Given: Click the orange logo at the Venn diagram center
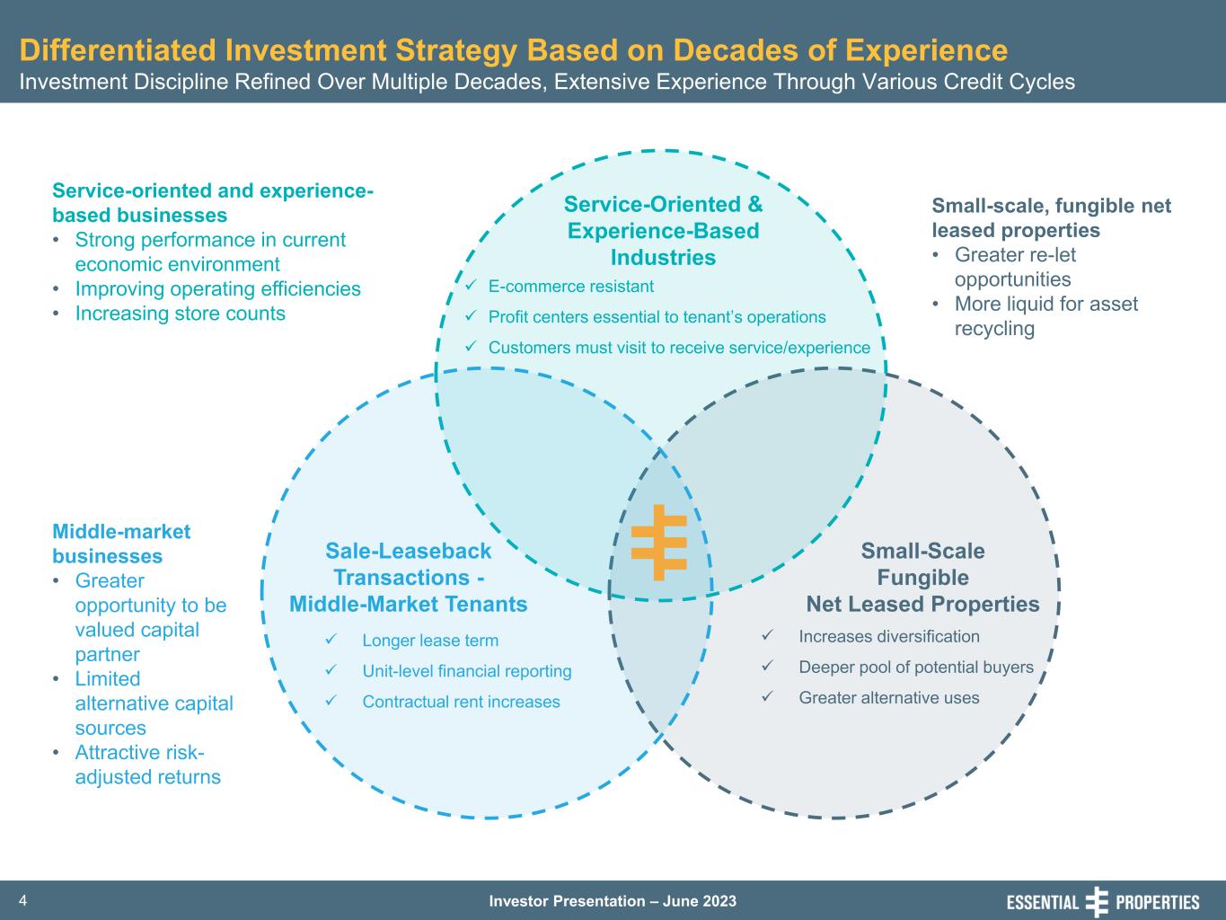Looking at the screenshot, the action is click(x=659, y=543).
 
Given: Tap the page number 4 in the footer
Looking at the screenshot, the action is click(x=22, y=900).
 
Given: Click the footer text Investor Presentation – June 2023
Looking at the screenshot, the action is click(x=613, y=901).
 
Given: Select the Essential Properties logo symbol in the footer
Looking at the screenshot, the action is click(x=1097, y=901).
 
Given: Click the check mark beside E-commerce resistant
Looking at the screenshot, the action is click(x=471, y=285).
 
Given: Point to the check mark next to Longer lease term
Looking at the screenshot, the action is click(x=331, y=639).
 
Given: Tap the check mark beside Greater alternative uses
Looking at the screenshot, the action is click(x=767, y=696).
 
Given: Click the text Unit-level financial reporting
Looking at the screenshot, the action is click(x=467, y=671).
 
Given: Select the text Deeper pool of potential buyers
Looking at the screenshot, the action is click(x=916, y=667).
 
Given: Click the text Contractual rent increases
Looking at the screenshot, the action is click(x=462, y=702).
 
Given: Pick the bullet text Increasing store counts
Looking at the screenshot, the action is click(x=180, y=314).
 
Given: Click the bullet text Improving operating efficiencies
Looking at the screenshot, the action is click(x=218, y=288).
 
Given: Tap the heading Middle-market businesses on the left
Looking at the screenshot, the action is click(x=121, y=544).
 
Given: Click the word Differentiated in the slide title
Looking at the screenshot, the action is click(x=118, y=50).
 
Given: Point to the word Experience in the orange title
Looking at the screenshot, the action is click(x=926, y=50).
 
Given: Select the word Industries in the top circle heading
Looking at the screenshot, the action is click(x=663, y=258).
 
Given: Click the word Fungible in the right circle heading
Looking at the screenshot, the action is click(x=922, y=578).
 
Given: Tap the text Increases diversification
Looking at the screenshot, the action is click(x=889, y=636).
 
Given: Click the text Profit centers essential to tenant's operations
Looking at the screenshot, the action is click(x=657, y=317).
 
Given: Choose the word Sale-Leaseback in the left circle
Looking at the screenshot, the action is click(x=409, y=551).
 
